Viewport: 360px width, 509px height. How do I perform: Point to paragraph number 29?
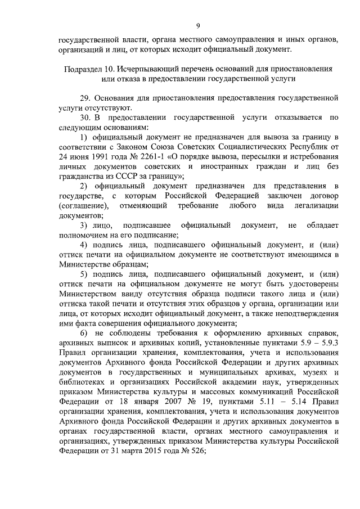coord(85,98)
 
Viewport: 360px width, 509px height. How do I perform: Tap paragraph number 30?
coord(85,118)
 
